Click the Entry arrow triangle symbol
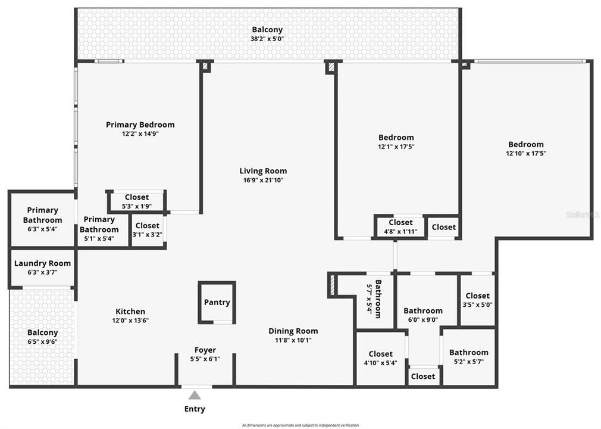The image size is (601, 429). [195, 395]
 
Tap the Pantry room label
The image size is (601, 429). [217, 302]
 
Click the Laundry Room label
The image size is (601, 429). [42, 263]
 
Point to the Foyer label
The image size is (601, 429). [205, 350]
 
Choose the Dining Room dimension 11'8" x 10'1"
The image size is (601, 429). [293, 340]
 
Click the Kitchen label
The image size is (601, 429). [130, 311]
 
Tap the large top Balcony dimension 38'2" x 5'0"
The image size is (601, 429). [267, 39]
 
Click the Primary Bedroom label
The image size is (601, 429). [140, 125]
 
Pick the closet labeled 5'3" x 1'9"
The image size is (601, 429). [137, 202]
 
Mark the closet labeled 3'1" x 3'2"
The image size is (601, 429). [147, 230]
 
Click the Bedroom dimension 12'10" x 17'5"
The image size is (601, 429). [525, 153]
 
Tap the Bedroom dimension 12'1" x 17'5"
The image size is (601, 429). [396, 147]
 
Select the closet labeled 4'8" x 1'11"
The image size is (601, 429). [400, 227]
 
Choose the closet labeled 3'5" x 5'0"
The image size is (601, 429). [477, 300]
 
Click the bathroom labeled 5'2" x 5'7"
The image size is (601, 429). [468, 357]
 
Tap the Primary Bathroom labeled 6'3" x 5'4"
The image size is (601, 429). [42, 219]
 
